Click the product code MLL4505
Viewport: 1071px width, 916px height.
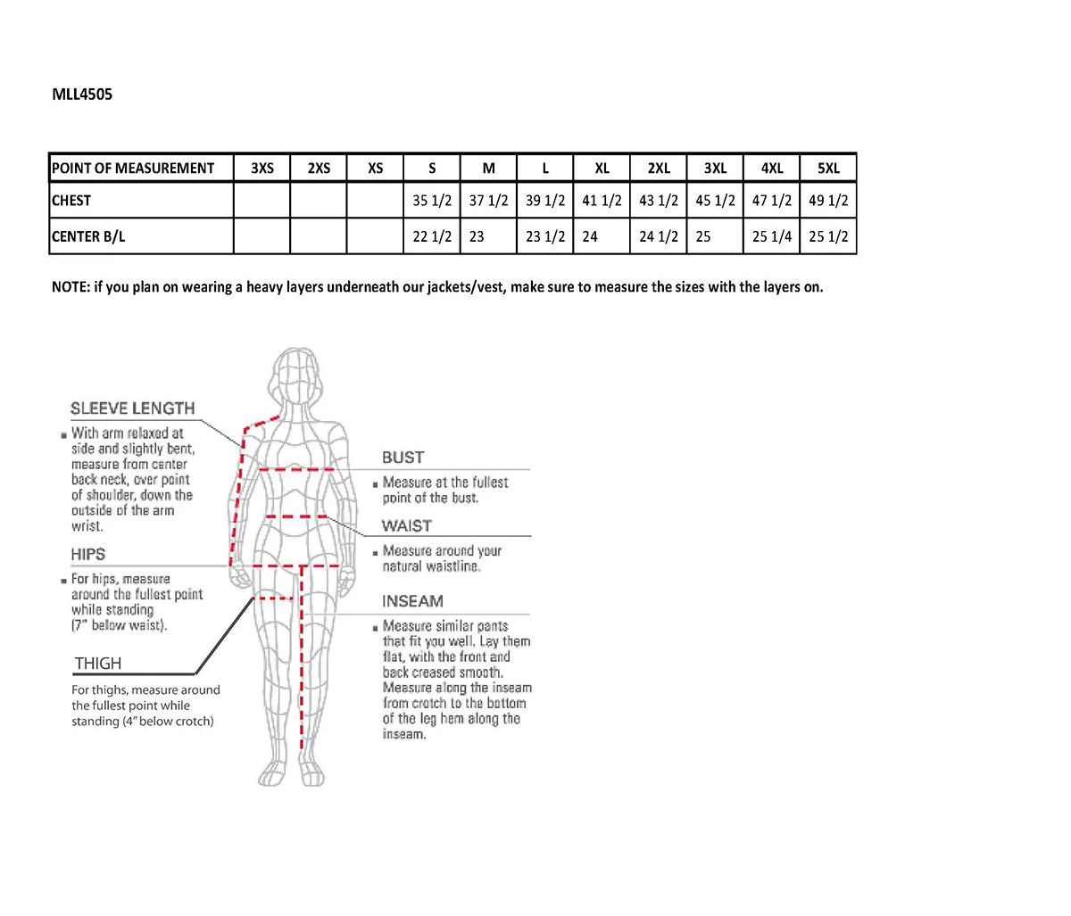tap(82, 94)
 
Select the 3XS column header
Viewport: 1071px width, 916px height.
tap(262, 168)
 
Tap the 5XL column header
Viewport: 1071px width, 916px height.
tap(828, 168)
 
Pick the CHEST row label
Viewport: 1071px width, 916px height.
tap(71, 201)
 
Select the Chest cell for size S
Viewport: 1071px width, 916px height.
tap(432, 201)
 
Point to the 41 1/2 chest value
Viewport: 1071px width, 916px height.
tap(602, 201)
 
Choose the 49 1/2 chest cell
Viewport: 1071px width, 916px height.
tap(828, 201)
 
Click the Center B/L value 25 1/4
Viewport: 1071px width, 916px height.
tap(772, 236)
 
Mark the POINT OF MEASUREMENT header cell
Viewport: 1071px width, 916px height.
tap(133, 168)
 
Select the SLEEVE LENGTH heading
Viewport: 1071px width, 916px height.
tap(132, 408)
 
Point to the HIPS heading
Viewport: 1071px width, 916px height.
tap(88, 554)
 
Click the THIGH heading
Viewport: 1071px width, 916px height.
tap(98, 664)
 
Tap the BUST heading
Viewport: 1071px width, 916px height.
tap(403, 458)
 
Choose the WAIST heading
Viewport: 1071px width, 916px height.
tap(406, 526)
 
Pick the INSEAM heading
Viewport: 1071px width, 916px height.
tap(412, 601)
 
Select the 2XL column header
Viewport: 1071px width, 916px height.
tap(659, 168)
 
